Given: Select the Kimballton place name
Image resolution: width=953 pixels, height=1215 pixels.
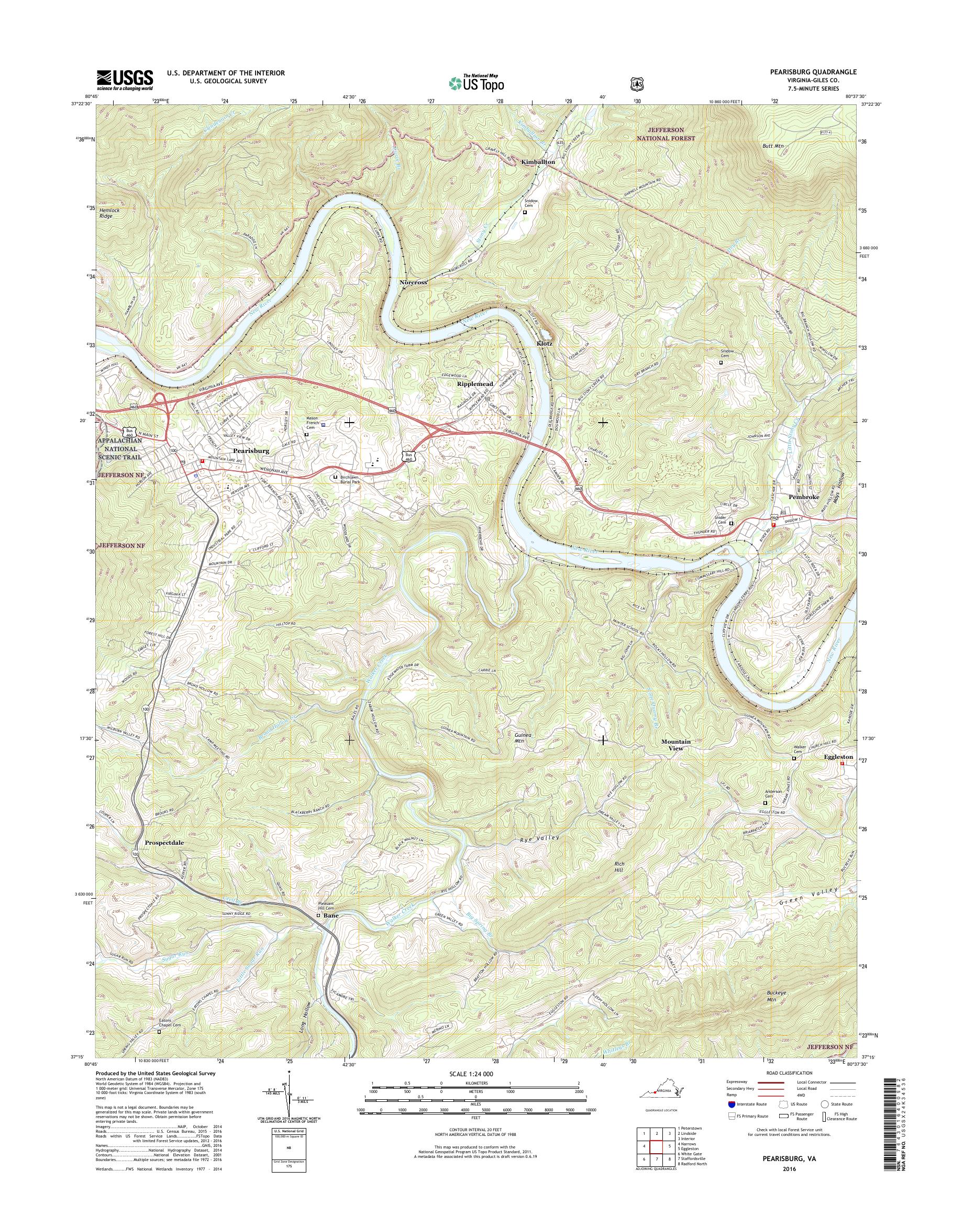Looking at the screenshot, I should point(538,161).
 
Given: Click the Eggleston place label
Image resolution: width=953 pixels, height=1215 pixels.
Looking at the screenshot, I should point(839,757).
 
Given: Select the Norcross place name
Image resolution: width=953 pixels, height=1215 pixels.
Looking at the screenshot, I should point(414,283).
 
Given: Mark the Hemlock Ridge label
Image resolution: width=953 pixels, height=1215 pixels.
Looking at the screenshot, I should point(109,213).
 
